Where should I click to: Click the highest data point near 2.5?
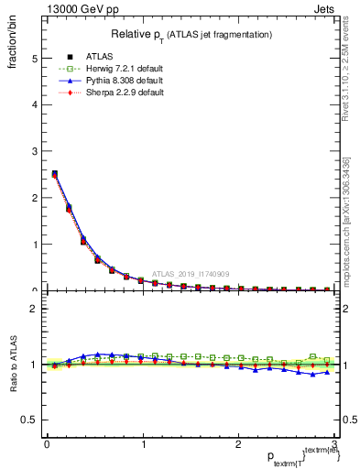(54, 173)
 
